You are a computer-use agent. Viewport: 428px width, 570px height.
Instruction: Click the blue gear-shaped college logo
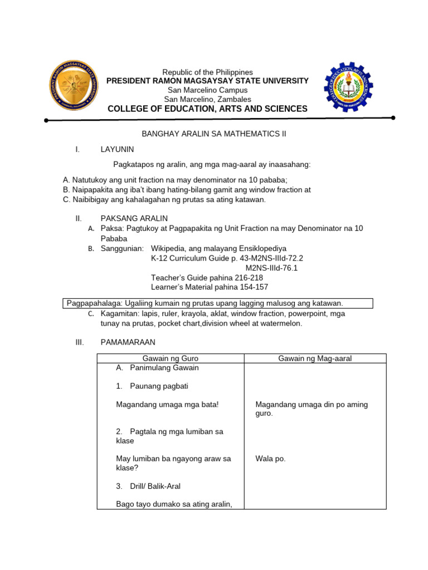tap(349, 87)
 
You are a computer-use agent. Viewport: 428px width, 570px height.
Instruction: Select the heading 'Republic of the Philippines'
tap(207, 72)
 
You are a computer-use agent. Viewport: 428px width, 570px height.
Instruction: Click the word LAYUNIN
tap(117, 149)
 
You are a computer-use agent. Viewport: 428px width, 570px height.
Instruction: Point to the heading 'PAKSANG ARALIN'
tap(134, 218)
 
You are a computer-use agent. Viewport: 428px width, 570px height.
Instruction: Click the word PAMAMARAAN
tap(128, 342)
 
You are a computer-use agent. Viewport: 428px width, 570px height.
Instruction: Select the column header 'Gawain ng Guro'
tap(171, 358)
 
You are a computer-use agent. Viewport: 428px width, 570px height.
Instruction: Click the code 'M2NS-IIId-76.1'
tap(271, 268)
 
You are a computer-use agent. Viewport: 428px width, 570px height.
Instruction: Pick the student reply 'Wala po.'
tap(270, 459)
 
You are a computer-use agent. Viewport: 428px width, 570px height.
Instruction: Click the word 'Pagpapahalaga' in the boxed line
tap(92, 303)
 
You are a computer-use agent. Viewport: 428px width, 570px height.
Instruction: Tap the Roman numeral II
tap(79, 218)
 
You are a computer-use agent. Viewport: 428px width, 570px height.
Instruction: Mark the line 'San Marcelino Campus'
tap(207, 90)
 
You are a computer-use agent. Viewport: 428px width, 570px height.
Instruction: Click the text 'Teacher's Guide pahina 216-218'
tap(207, 277)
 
